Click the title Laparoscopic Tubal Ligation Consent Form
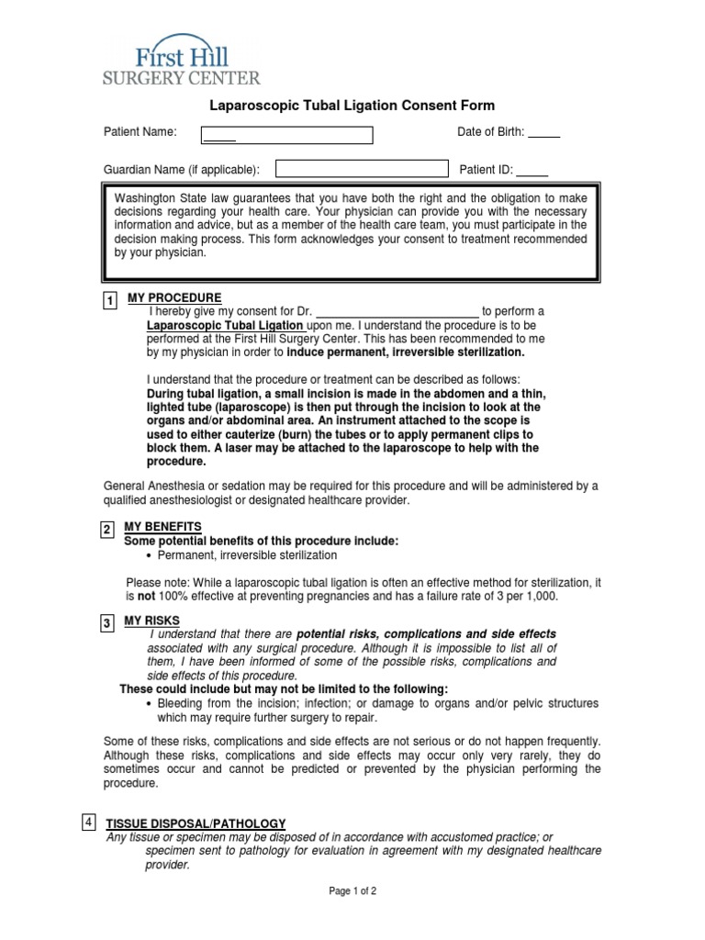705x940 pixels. click(353, 106)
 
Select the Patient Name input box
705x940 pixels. click(287, 135)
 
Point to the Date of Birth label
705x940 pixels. click(490, 132)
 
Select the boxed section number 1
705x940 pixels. click(109, 302)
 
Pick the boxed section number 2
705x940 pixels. click(107, 530)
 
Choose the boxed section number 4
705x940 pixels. click(88, 822)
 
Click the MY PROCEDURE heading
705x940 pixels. click(174, 298)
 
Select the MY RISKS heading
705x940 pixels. click(153, 621)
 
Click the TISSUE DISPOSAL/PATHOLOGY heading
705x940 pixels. click(196, 823)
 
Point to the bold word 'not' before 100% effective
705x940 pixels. click(145, 596)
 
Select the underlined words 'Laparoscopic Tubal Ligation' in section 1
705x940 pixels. click(225, 325)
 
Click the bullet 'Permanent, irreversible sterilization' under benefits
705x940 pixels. click(247, 555)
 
